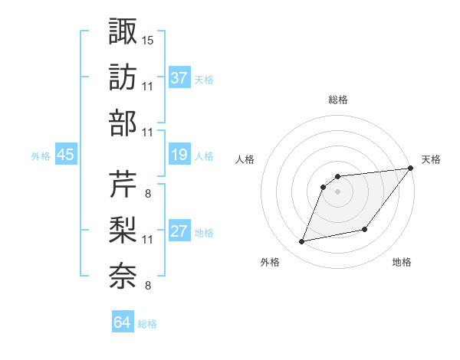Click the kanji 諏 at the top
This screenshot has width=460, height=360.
point(123,32)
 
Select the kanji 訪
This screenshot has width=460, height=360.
point(123,77)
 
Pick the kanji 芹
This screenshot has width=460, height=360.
point(123,185)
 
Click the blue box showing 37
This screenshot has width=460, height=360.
point(179,77)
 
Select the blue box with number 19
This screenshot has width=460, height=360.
point(179,155)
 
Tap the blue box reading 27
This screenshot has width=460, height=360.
point(179,232)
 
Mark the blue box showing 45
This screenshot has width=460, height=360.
point(66,155)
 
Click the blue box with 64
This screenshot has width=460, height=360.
point(123,322)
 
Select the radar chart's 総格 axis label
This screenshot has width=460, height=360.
point(337,100)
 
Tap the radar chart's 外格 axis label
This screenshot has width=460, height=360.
point(270,263)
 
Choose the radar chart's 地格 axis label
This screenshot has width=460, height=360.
point(402,263)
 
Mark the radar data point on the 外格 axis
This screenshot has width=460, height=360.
point(302,242)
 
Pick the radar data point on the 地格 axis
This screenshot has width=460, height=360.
point(366,230)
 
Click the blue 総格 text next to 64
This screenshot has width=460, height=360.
point(147,324)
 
